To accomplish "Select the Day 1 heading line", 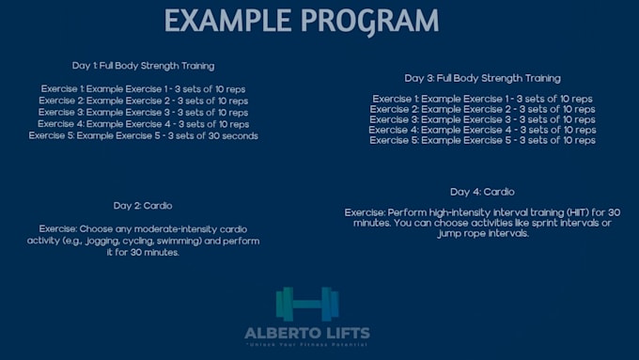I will (143, 66).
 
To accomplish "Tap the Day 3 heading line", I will (482, 78).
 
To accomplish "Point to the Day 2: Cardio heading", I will (143, 206).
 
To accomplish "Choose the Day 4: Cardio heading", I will (482, 192).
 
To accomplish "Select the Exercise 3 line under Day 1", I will (143, 112).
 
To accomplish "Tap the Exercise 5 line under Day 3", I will (482, 140).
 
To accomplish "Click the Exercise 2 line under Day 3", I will (482, 109).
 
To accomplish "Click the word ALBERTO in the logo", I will (280, 333).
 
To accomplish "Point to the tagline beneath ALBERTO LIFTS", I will (306, 346).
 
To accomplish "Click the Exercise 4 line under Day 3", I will (482, 130).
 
